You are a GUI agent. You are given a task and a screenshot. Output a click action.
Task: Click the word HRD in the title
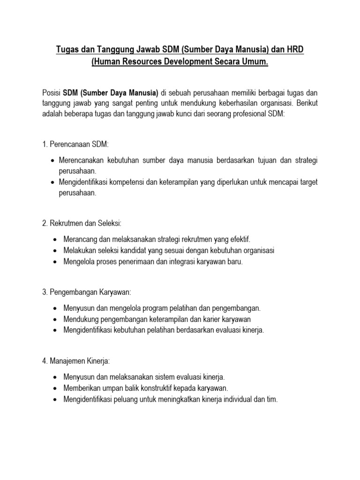pyautogui.click(x=294, y=49)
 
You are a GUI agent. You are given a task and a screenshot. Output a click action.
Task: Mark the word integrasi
pyautogui.click(x=190, y=262)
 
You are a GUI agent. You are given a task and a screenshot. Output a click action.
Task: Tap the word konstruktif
pyautogui.click(x=163, y=388)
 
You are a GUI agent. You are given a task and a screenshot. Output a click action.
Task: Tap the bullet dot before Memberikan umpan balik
pyautogui.click(x=55, y=389)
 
